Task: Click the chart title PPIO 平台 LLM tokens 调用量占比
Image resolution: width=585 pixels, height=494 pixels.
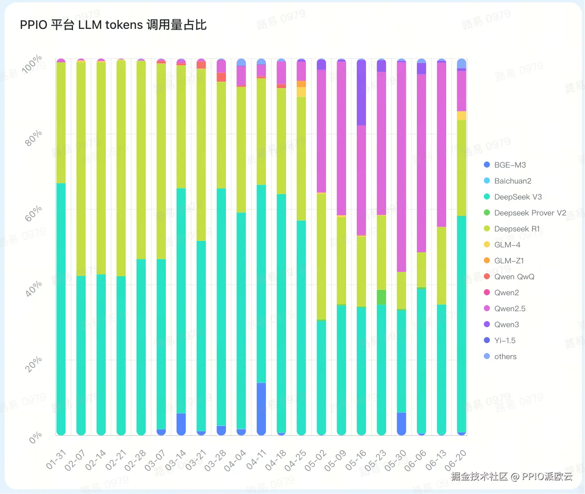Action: click(113, 25)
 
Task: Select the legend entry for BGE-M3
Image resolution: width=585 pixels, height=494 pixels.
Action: click(510, 165)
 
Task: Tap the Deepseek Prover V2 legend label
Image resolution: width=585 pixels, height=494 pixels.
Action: click(530, 213)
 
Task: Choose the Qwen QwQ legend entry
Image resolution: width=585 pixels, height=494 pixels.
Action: click(514, 277)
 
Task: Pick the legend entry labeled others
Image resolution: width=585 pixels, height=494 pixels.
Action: click(505, 356)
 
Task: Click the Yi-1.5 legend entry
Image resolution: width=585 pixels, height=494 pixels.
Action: click(505, 340)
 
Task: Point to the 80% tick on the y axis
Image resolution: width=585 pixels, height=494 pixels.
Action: click(33, 138)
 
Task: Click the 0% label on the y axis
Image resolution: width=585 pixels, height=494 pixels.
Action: click(36, 438)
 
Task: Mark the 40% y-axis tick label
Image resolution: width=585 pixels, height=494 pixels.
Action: click(33, 289)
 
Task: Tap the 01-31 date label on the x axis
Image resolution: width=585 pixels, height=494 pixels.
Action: click(56, 459)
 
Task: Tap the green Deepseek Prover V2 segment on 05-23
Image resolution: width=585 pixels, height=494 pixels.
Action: click(382, 297)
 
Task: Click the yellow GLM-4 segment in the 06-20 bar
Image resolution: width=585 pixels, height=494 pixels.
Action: click(461, 116)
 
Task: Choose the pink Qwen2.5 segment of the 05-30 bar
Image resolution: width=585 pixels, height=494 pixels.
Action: click(401, 167)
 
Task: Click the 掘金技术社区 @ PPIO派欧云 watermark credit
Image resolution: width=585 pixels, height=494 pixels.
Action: click(512, 477)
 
